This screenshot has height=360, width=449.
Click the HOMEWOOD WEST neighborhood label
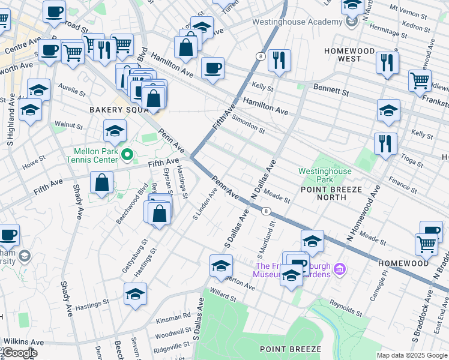pyautogui.click(x=349, y=55)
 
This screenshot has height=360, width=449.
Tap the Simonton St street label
pyautogui.click(x=248, y=123)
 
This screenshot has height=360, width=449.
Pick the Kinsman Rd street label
pyautogui.click(x=175, y=314)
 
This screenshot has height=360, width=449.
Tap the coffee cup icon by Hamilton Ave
pyautogui.click(x=212, y=68)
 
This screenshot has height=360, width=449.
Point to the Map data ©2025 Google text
pyautogui.click(x=411, y=355)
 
